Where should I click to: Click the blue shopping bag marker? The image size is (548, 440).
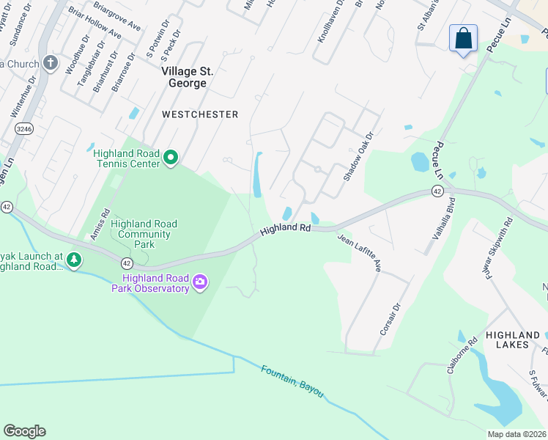coord(463,38)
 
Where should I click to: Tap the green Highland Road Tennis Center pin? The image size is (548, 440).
coord(171,158)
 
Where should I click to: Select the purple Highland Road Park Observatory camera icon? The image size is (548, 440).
coord(199,282)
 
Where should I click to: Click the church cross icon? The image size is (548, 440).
coord(51,63)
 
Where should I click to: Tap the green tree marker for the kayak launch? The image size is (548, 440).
coord(73,260)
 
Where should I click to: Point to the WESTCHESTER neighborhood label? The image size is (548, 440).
coord(200,114)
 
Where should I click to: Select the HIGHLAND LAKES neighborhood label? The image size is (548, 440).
coord(513,339)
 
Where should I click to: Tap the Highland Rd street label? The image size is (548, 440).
coord(286,229)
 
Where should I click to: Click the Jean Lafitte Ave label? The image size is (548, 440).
coord(359,253)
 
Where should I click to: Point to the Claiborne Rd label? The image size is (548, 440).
coord(458,356)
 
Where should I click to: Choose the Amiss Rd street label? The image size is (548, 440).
coord(100,224)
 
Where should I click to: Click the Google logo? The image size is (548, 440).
coord(25,431)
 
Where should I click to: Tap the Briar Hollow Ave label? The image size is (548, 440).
coord(95,23)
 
